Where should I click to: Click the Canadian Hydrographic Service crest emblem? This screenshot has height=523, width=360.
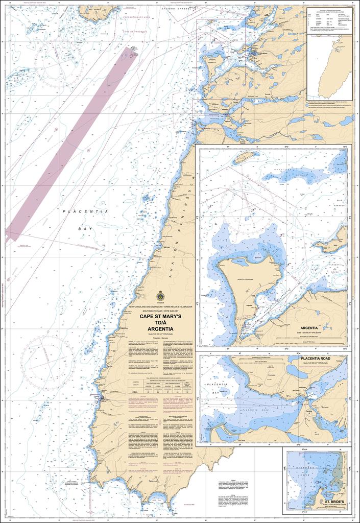tap(160, 296)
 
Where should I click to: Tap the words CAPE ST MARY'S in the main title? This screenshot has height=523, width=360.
tap(160, 316)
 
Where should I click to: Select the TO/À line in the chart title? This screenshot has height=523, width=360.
tap(160, 322)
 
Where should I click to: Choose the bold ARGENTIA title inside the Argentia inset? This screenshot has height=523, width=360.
tap(309, 328)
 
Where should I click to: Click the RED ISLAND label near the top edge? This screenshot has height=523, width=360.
tap(92, 9)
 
